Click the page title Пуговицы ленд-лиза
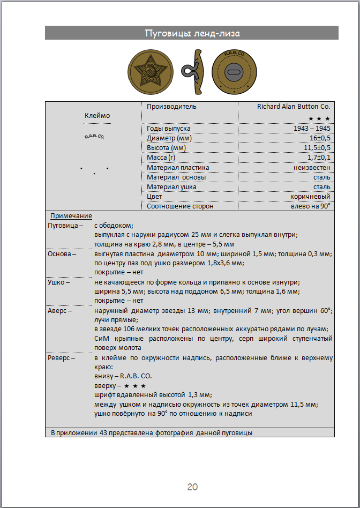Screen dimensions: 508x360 coord(192,33)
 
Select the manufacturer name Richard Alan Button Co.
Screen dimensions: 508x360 coord(294,107)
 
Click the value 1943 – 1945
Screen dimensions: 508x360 coord(312,129)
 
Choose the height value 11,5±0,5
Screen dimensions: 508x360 coord(317,148)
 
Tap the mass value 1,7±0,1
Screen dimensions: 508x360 coord(319,158)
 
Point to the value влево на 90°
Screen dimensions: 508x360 coord(310,206)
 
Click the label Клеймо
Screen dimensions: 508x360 coord(97,115)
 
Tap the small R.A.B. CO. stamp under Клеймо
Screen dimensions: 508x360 coord(94,137)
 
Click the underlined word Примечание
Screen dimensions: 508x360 coord(71,216)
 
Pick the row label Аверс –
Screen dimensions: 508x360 coord(60,310)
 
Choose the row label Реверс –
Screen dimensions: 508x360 coord(62,357)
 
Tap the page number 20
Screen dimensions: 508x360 coord(192,487)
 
